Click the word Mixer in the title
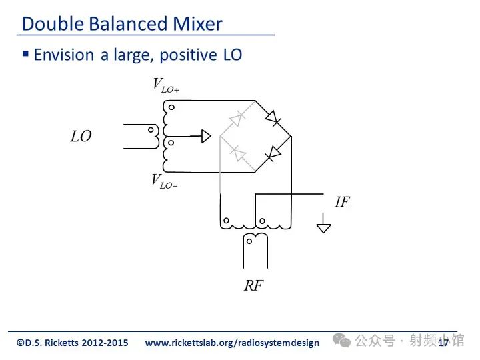(x=197, y=23)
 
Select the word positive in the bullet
(x=188, y=55)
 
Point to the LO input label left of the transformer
(x=81, y=136)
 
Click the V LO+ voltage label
(x=166, y=85)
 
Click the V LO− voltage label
(x=165, y=181)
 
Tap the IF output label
(x=342, y=202)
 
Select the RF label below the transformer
(x=253, y=285)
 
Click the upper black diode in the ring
(x=273, y=118)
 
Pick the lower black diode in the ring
(x=273, y=154)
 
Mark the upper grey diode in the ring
(x=237, y=119)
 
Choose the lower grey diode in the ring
(x=238, y=153)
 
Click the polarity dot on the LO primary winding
(x=151, y=130)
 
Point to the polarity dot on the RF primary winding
(x=249, y=241)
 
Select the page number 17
(x=443, y=343)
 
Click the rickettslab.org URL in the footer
(x=232, y=343)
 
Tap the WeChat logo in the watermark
(x=341, y=340)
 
